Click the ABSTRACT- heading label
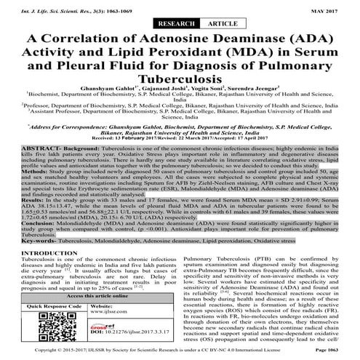25,165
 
